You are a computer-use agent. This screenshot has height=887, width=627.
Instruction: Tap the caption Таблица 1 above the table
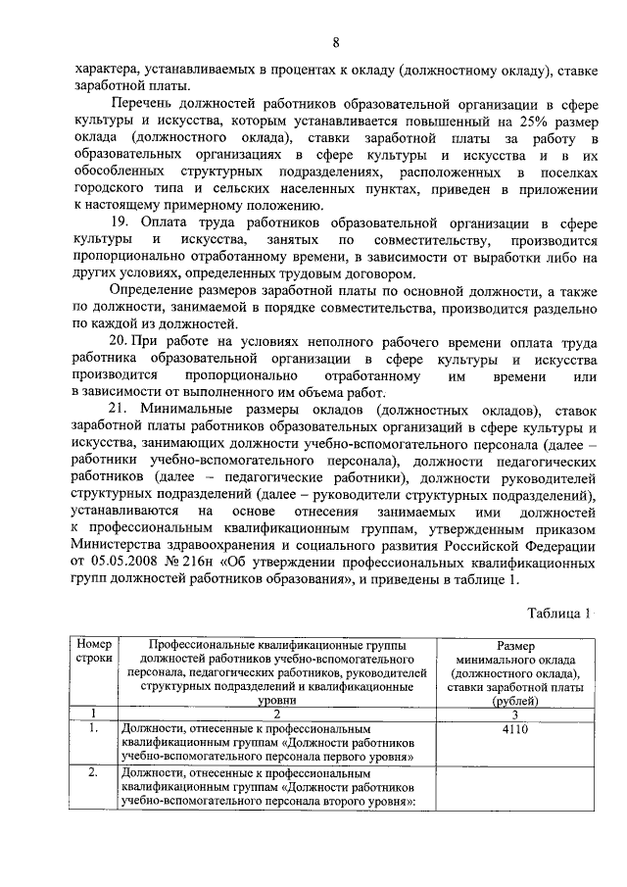558,614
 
